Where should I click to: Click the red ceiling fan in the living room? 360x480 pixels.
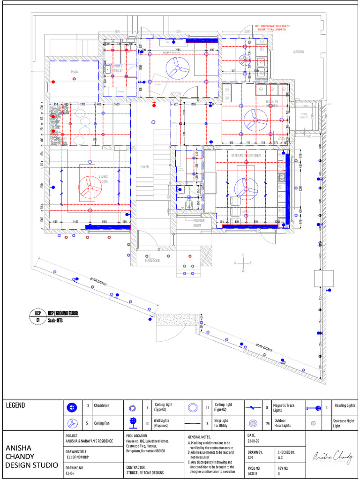click(x=90, y=186)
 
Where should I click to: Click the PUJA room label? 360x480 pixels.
click(x=74, y=72)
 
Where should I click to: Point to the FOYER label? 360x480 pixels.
click(x=144, y=167)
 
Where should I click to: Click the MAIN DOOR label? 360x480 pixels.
click(x=153, y=261)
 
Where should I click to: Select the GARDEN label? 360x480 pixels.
click(x=299, y=52)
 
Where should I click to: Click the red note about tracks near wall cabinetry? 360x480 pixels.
click(x=272, y=29)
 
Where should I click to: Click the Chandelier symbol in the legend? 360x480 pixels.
click(x=72, y=407)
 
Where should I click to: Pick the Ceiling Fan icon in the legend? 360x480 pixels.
click(x=72, y=423)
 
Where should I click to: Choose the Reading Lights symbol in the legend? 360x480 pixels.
click(x=313, y=407)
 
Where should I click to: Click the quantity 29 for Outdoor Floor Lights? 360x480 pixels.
click(x=267, y=423)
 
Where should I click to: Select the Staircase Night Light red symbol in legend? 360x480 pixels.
click(x=313, y=423)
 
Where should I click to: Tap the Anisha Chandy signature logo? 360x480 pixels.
click(x=332, y=455)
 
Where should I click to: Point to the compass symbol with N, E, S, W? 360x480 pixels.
click(x=243, y=263)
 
